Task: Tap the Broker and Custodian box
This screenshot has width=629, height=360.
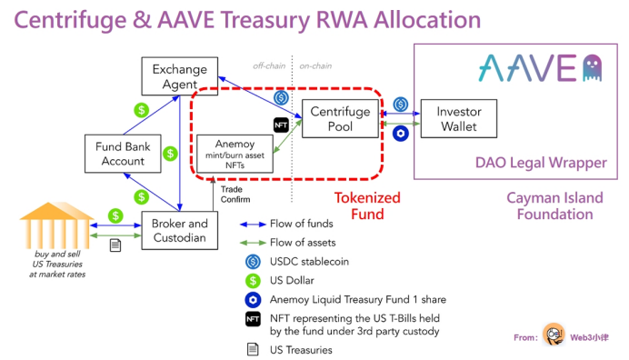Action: (180, 231)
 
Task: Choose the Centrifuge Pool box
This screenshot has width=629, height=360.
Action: (340, 118)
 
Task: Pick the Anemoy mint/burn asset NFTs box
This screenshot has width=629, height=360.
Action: (235, 154)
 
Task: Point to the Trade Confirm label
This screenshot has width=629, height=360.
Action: (235, 194)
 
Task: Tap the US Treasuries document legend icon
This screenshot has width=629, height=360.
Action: (252, 349)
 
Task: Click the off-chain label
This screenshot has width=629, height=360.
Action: (269, 65)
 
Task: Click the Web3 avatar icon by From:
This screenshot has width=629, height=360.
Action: (554, 336)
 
